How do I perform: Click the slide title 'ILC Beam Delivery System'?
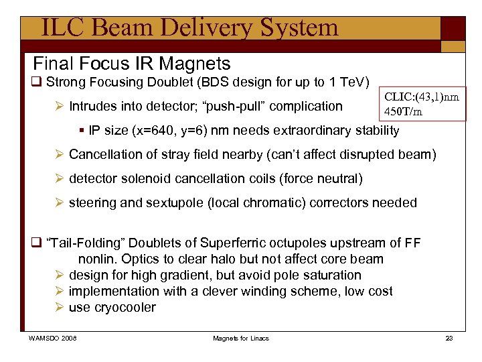click(x=189, y=28)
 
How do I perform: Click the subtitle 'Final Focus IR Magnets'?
click(x=132, y=64)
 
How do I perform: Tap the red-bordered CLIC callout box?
click(x=422, y=103)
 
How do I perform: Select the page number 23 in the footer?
click(x=449, y=338)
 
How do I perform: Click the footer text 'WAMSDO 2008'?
click(x=52, y=338)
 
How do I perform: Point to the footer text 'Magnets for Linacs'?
click(x=241, y=338)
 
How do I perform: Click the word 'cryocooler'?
click(x=125, y=308)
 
